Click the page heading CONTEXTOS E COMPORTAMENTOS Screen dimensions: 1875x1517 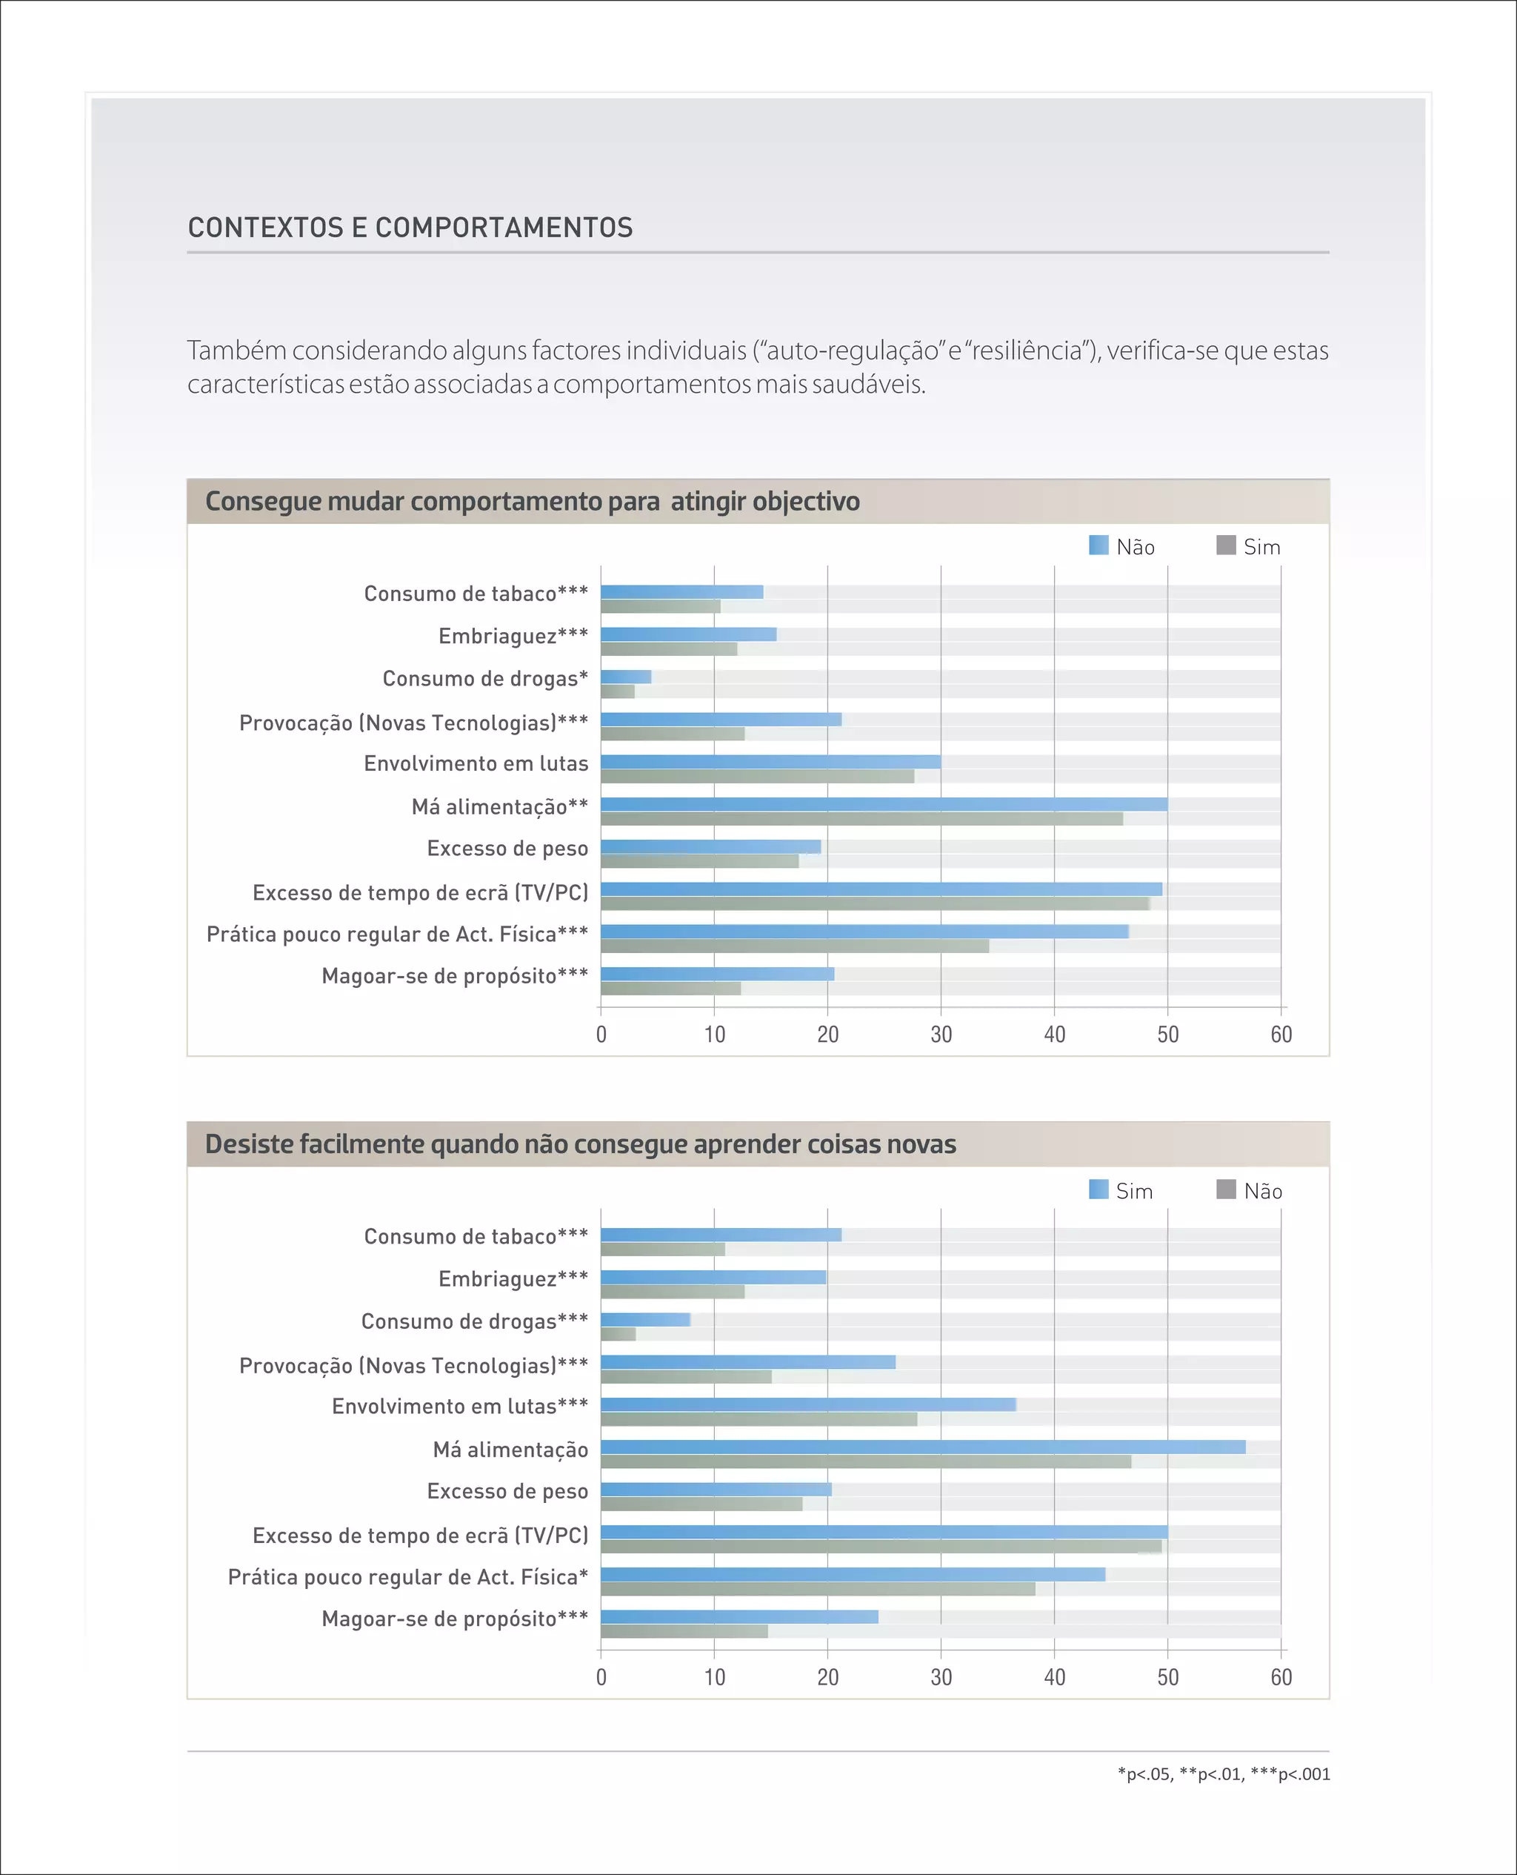tap(410, 228)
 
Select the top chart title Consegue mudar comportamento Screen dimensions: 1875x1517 tap(531, 502)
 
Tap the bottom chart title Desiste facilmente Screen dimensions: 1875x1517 tap(580, 1144)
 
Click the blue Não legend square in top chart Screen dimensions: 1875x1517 tap(1098, 545)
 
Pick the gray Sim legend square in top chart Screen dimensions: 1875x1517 tap(1226, 545)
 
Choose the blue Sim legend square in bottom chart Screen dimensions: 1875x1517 tap(1098, 1189)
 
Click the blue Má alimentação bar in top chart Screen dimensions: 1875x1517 tap(883, 804)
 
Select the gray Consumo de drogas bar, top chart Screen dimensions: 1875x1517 tap(618, 691)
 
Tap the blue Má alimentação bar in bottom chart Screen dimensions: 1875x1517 tap(922, 1447)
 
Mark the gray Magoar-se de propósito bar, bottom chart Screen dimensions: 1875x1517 tap(684, 1631)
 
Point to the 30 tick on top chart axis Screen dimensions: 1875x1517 tap(941, 1035)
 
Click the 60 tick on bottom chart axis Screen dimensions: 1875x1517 tap(1281, 1677)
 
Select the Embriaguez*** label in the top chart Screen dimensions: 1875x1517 tap(513, 637)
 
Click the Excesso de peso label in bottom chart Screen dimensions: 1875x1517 tap(507, 1491)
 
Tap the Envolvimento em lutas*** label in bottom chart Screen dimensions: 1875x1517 tap(460, 1407)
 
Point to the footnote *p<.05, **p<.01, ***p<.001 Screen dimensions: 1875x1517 tap(1224, 1774)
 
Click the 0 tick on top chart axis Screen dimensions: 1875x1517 tap(601, 1035)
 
